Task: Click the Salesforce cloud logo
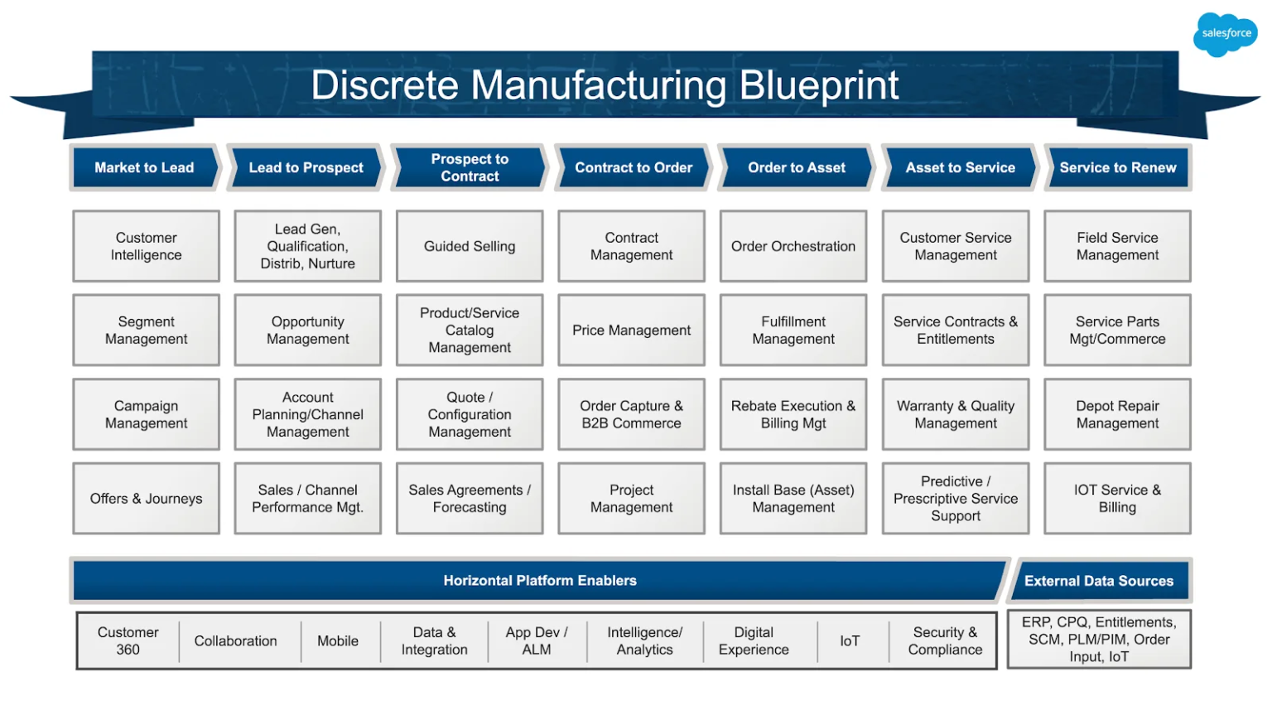click(1226, 34)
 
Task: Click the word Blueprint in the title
click(818, 85)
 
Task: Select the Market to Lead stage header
click(144, 167)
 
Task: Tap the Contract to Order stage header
click(634, 167)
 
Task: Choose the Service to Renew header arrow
click(1117, 167)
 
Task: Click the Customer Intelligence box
click(147, 246)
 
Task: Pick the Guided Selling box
click(470, 246)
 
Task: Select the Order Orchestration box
click(793, 246)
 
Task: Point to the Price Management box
click(631, 330)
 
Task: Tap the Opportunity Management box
click(308, 330)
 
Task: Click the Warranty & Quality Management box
click(956, 414)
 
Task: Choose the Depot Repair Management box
click(1117, 414)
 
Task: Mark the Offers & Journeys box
click(147, 498)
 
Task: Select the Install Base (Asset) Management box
click(793, 498)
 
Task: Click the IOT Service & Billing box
click(1117, 498)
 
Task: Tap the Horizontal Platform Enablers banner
click(540, 581)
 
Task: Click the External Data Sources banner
click(1099, 581)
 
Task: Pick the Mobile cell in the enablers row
click(338, 641)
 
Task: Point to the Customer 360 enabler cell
click(128, 641)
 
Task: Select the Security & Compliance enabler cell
click(945, 641)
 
